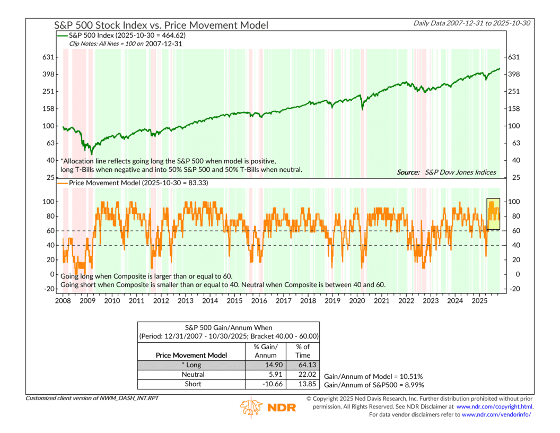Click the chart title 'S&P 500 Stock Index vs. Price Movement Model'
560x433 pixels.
pyautogui.click(x=161, y=25)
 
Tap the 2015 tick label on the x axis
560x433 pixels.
pyautogui.click(x=234, y=301)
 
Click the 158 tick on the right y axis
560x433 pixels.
pyautogui.click(x=514, y=109)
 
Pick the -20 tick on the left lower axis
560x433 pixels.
pyautogui.click(x=48, y=289)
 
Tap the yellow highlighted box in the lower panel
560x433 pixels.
pyautogui.click(x=493, y=214)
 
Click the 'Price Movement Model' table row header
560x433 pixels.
pyautogui.click(x=191, y=355)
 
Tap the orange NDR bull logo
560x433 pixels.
pyautogui.click(x=251, y=407)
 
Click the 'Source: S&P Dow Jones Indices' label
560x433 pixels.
pyautogui.click(x=446, y=172)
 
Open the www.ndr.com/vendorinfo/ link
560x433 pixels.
pyautogui.click(x=496, y=414)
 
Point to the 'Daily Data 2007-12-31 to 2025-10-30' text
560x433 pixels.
pyautogui.click(x=475, y=23)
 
